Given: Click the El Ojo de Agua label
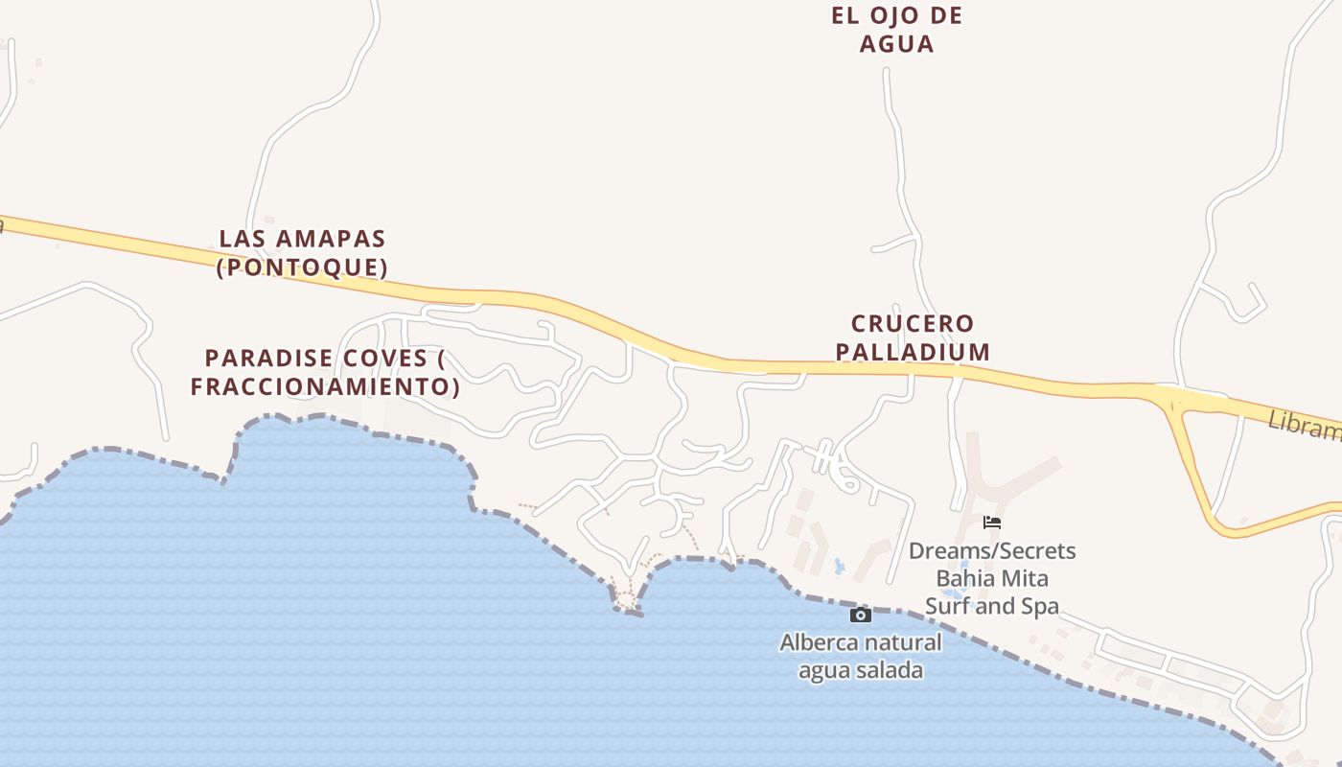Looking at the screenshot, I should (896, 30).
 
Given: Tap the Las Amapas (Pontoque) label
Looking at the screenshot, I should (302, 252).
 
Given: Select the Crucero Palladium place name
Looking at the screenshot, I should (912, 337).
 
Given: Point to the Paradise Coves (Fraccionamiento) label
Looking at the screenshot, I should (325, 372).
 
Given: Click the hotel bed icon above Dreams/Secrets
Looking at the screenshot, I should (992, 523).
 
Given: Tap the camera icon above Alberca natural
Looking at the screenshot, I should (861, 615).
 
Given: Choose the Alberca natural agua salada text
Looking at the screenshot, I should (861, 656).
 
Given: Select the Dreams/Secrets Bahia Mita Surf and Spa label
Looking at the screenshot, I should (992, 578).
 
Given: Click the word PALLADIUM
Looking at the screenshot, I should (913, 352).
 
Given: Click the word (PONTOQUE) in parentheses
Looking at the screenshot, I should (302, 267).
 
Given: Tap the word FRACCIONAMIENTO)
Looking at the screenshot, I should (325, 386).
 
